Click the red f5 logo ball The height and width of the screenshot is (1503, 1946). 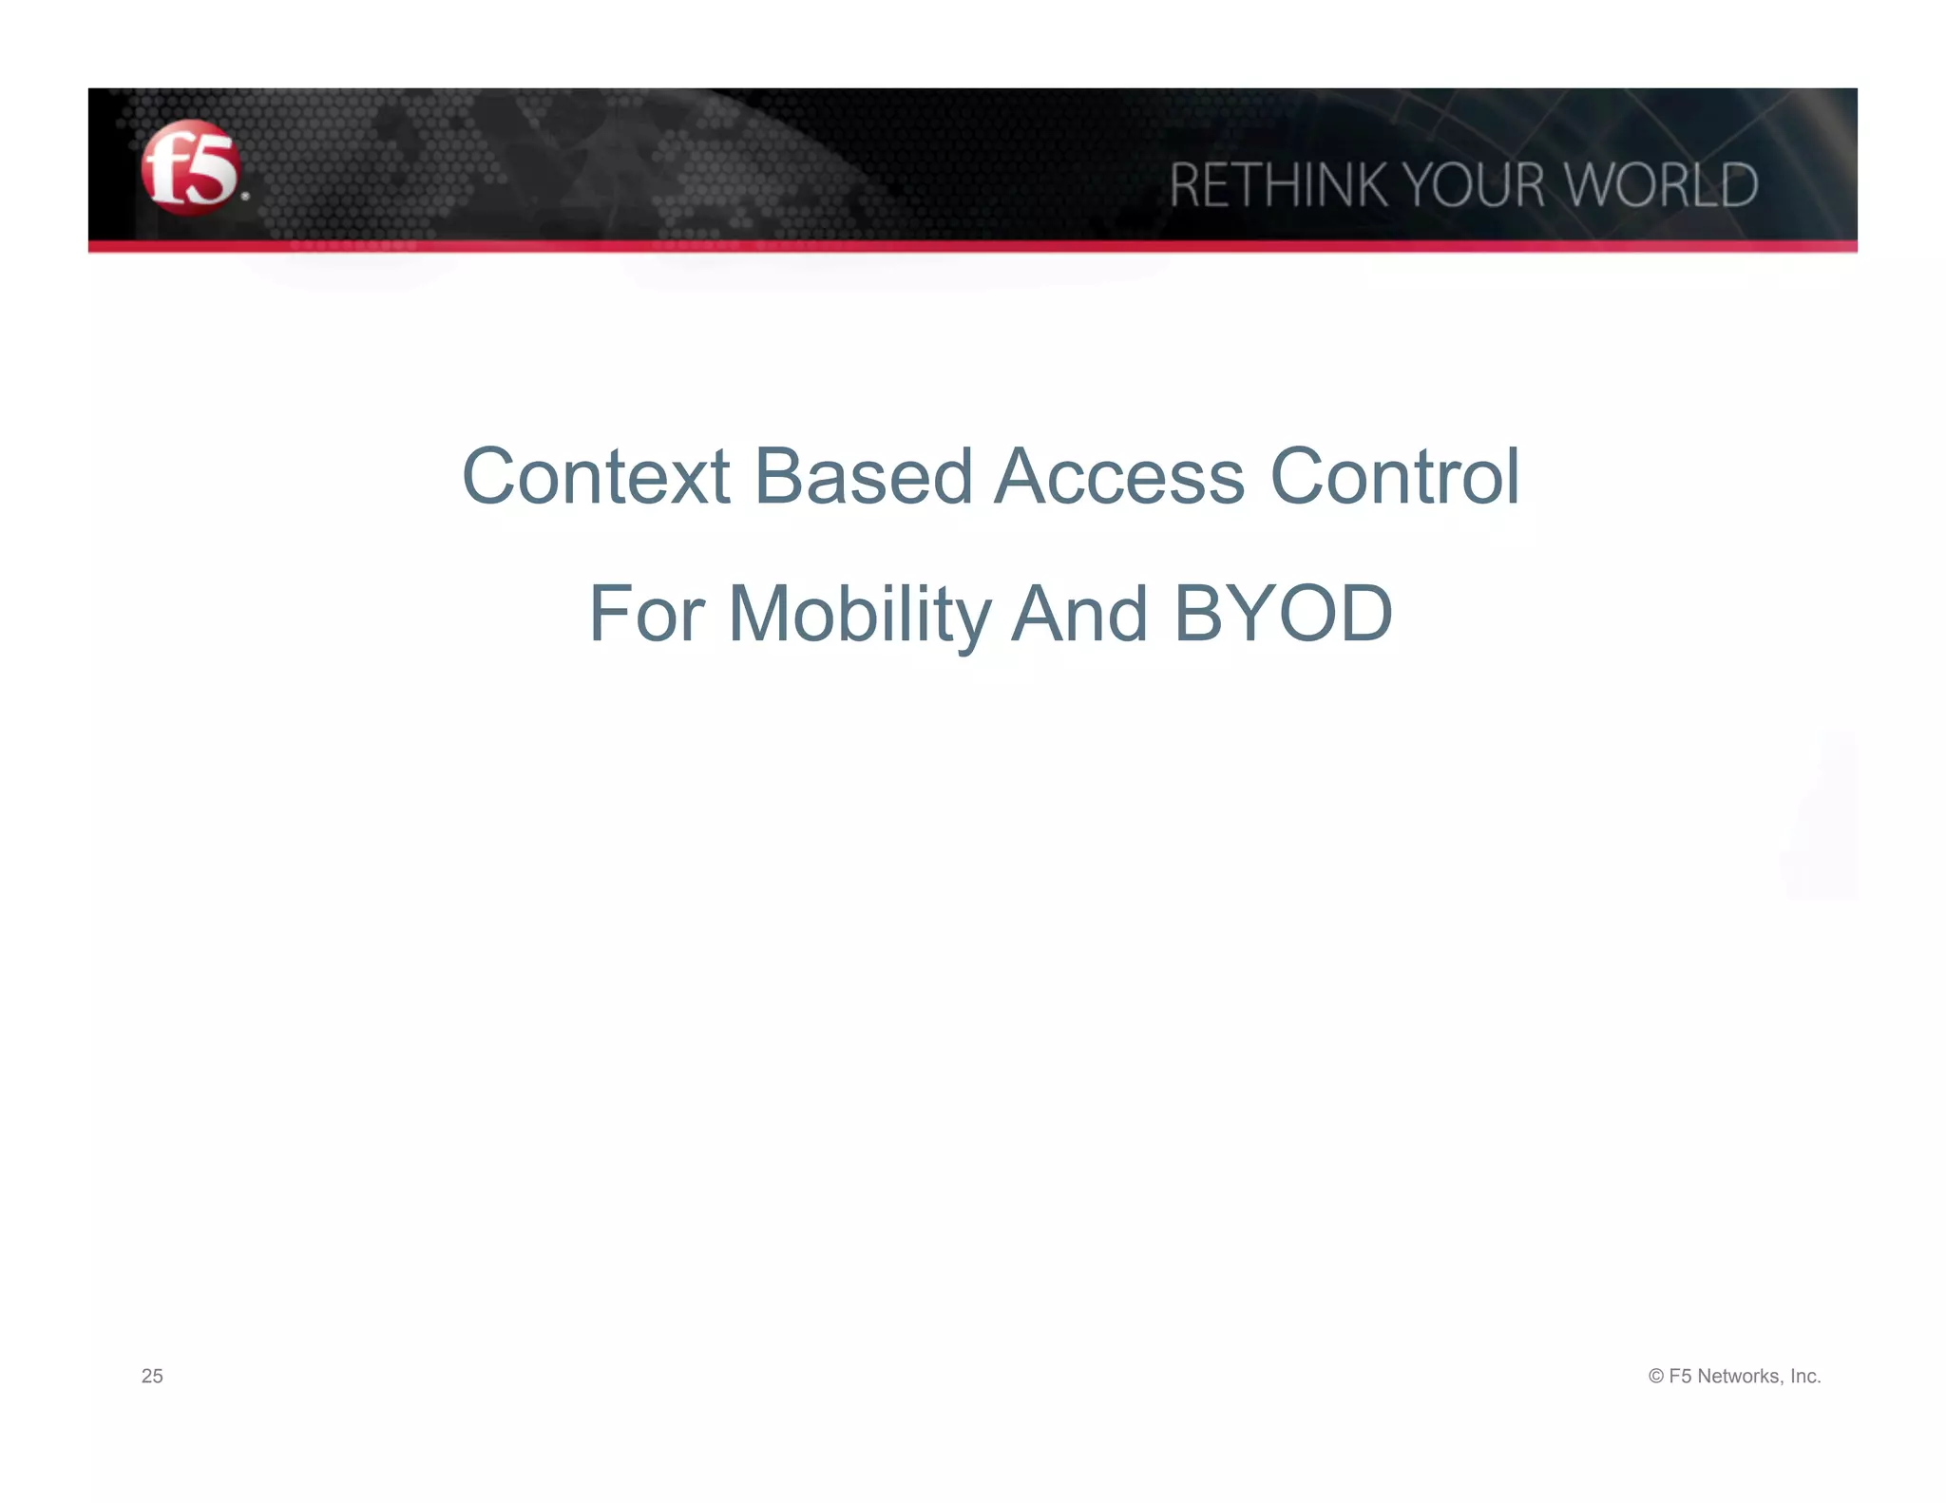190,168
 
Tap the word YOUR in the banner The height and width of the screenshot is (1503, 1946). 1474,184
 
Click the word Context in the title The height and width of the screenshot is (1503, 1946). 596,476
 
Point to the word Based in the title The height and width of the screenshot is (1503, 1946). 863,476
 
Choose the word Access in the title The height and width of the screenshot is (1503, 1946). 1119,476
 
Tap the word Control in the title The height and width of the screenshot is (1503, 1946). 1394,476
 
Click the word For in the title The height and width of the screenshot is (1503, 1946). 646,614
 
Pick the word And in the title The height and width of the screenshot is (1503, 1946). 1079,614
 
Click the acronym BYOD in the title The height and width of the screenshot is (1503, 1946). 1283,614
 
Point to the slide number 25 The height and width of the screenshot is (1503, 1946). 152,1376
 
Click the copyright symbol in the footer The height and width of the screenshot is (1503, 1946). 1656,1376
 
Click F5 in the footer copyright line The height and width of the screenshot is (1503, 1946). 1680,1376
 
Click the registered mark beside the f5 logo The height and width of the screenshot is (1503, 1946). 245,197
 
